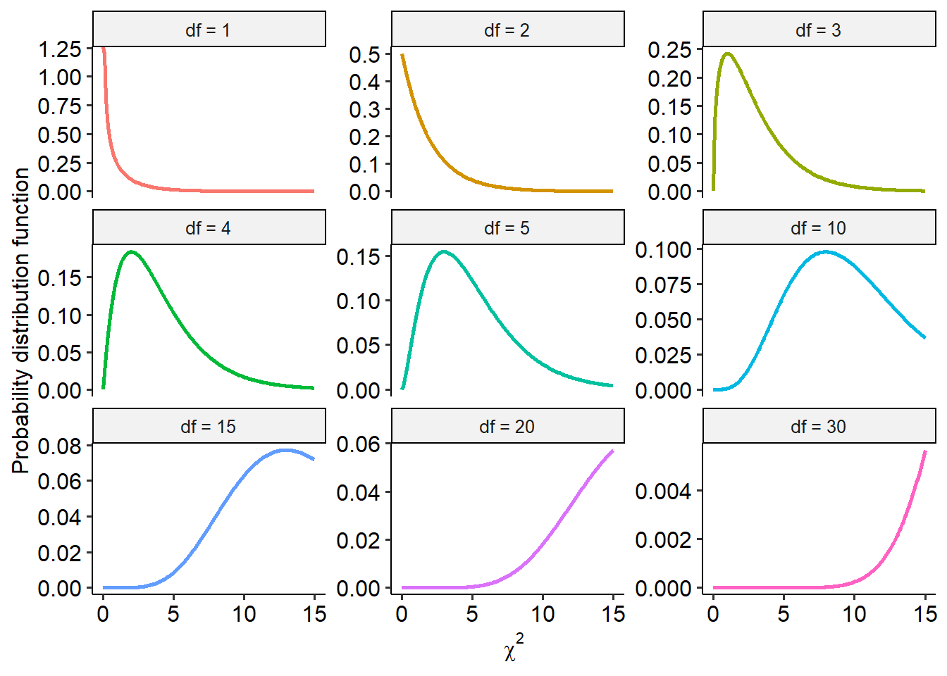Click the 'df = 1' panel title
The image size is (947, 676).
208,30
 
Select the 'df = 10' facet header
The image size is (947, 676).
818,228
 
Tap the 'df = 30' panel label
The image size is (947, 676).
818,427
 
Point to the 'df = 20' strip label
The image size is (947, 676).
507,427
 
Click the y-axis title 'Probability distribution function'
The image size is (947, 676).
21,320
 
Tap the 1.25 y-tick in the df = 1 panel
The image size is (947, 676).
60,49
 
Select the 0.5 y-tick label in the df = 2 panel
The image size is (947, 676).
364,55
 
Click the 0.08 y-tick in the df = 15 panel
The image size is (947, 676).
60,446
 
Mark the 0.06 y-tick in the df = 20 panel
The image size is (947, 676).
359,444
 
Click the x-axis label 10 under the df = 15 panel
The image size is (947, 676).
244,614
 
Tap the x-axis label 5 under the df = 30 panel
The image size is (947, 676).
784,614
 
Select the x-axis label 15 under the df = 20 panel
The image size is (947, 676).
613,614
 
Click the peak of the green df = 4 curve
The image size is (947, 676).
131,252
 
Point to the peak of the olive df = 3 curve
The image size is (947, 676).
727,54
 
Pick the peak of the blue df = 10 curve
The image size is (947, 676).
824,251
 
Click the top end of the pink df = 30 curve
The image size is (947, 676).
925,451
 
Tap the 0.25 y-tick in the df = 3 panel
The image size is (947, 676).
669,50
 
